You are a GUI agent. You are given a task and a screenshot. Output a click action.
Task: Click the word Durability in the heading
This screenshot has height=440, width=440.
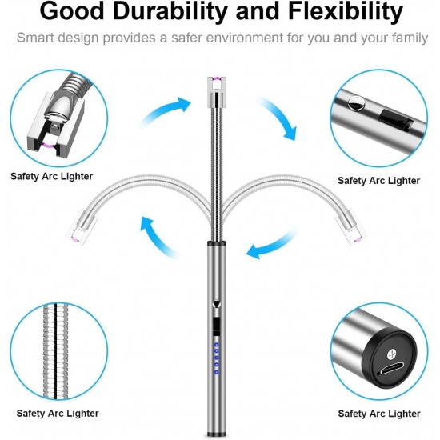coord(170,11)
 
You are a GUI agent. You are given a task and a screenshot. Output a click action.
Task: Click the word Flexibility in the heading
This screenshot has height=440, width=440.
coord(346,12)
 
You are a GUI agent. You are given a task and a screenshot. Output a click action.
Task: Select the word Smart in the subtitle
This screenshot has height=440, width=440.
coord(35,38)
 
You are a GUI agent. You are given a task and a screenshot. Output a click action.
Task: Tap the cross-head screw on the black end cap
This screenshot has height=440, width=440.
coord(392,354)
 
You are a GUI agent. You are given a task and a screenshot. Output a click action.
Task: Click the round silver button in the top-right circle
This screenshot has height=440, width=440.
coord(355,103)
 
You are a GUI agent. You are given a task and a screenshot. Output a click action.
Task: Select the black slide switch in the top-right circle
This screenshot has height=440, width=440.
coord(396,120)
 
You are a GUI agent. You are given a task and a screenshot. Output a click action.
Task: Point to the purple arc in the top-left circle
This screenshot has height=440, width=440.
coord(49,145)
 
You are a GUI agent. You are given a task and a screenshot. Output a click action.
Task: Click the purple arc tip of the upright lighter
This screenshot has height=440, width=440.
coord(217,78)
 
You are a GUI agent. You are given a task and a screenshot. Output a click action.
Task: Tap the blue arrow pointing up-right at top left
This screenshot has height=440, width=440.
coord(166,111)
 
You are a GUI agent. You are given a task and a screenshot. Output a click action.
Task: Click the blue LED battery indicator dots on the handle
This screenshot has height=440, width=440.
coord(216,358)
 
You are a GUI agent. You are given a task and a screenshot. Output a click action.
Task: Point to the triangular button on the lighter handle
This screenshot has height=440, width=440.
coord(216,305)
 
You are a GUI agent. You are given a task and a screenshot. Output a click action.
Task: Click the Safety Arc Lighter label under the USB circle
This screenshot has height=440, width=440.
coord(379,414)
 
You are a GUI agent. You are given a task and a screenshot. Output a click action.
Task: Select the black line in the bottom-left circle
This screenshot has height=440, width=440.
coord(56,351)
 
